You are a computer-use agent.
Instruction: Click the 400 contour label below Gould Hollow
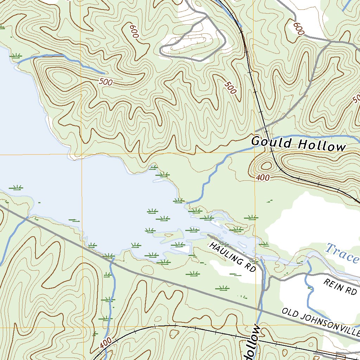[x=263, y=178]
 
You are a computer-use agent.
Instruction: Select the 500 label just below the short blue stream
[x=106, y=82]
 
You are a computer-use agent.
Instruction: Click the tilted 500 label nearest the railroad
[x=230, y=88]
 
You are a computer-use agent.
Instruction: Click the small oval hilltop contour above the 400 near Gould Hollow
[x=266, y=165]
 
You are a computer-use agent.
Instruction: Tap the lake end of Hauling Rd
[x=208, y=235]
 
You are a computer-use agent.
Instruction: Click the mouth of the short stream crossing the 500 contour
[x=18, y=63]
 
